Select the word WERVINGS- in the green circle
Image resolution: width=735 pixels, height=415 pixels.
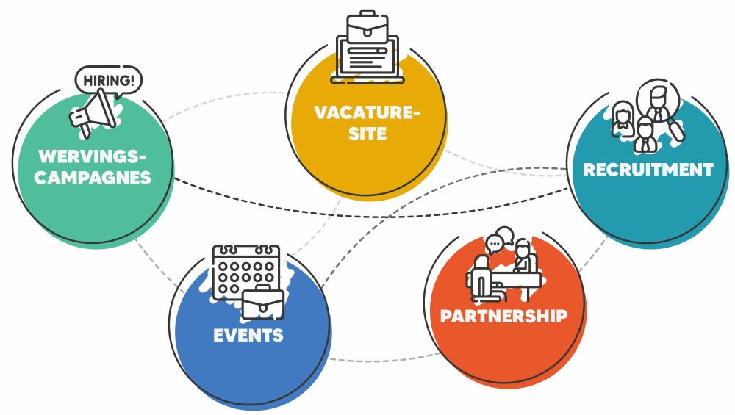tap(93, 156)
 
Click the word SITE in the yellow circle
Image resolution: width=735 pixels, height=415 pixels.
tap(367, 134)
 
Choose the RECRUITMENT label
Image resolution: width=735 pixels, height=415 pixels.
tap(648, 170)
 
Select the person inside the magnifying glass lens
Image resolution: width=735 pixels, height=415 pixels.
tap(658, 99)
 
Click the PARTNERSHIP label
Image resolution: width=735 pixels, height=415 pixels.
tap(503, 316)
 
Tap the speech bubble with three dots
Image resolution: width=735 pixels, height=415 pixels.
tap(497, 240)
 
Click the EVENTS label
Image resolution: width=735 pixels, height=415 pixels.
tap(248, 336)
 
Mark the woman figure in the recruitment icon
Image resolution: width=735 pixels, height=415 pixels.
tap(623, 120)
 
